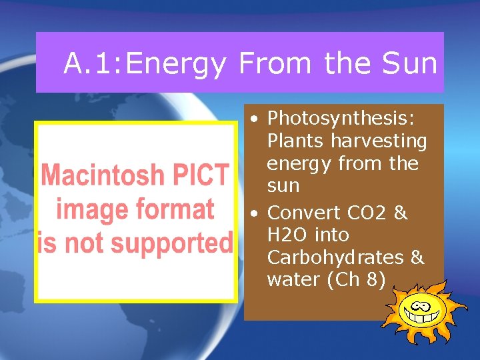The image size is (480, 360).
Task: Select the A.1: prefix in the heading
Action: tap(93, 64)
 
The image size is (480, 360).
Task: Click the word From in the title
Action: tap(275, 64)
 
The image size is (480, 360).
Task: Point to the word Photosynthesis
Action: tap(341, 119)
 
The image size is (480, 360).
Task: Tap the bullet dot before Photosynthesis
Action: tap(255, 119)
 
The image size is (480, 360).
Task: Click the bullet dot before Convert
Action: tap(255, 214)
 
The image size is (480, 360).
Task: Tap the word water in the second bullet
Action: tap(293, 280)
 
